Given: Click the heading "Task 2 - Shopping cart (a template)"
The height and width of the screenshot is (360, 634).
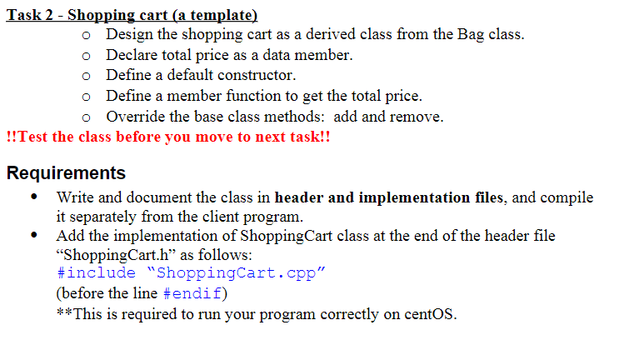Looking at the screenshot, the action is [x=132, y=15].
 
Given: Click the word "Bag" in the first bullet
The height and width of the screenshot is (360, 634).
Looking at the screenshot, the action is [x=471, y=35].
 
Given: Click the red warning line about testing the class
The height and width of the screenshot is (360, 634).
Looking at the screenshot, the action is [x=168, y=137].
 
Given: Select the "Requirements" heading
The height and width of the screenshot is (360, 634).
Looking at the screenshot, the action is [x=66, y=173].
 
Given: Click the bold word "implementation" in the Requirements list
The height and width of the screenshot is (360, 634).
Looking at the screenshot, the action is [x=414, y=197].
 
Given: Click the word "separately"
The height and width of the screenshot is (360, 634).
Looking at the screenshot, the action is [x=102, y=217].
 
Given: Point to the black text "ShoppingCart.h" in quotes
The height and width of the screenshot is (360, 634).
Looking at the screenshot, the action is [x=116, y=255].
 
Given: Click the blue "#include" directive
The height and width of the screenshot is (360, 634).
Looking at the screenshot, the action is [x=97, y=272].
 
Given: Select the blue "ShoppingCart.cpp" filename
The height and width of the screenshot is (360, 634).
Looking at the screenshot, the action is [x=236, y=273].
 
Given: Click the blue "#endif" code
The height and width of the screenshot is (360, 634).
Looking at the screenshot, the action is [x=192, y=293].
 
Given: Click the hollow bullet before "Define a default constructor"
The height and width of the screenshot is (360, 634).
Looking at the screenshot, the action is [x=86, y=76].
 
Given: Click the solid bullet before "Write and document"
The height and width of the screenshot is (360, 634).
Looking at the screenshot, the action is [x=34, y=197].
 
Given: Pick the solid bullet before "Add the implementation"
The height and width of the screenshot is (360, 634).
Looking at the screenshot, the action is [x=34, y=235].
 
